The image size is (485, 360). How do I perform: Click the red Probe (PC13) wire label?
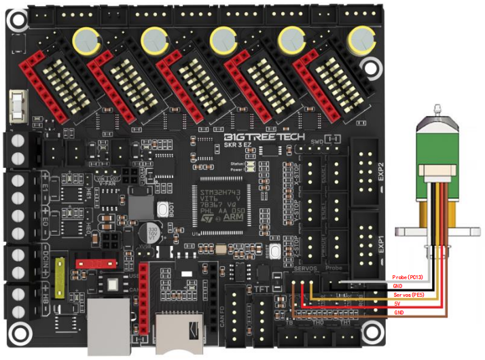tap(410, 278)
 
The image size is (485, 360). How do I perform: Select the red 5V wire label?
tap(397, 304)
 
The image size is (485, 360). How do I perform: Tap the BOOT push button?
tap(163, 210)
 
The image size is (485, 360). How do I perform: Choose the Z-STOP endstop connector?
tap(312, 245)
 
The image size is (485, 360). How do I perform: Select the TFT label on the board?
tap(262, 289)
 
